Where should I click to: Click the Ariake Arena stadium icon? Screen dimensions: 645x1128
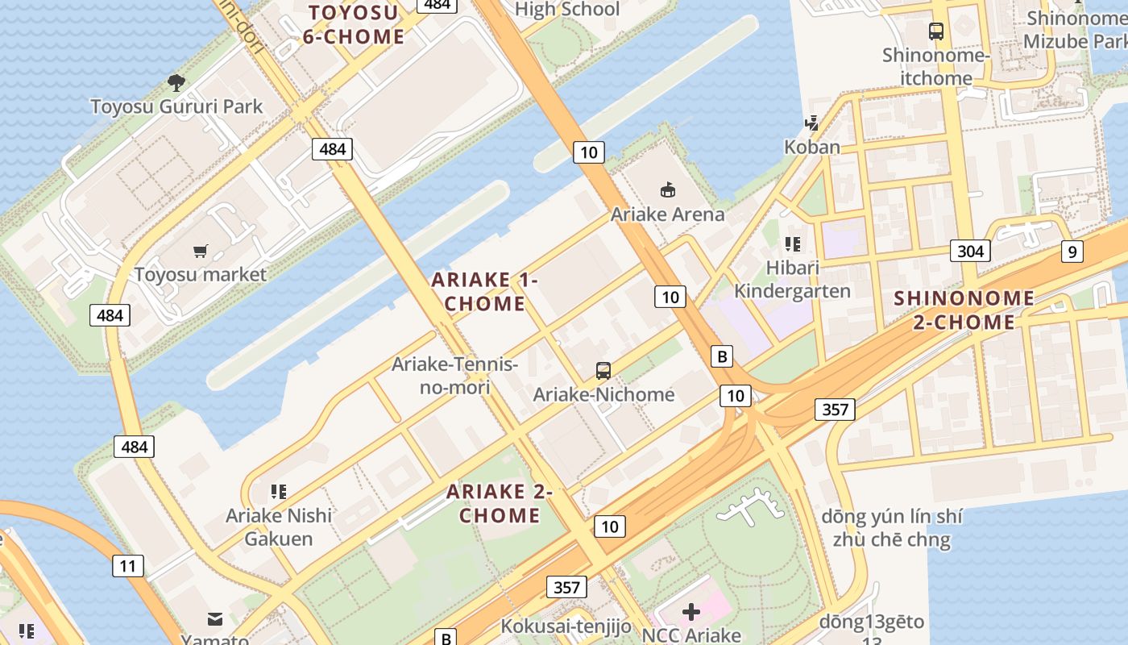coord(667,190)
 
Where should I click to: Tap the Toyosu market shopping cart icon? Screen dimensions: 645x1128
coord(201,252)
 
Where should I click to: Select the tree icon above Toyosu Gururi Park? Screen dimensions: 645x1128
coord(176,82)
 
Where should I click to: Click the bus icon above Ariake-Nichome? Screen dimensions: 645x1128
coord(603,371)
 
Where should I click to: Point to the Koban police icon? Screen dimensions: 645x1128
coord(811,123)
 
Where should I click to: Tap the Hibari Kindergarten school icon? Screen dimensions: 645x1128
coord(792,243)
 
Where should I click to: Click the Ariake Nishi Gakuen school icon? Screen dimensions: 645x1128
coord(279,491)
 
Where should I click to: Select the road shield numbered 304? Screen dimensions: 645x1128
coord(969,251)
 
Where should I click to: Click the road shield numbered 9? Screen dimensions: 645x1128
coord(1072,252)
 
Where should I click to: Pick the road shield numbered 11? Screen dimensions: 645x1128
coord(128,565)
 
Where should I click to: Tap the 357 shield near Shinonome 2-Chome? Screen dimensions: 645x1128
coord(834,409)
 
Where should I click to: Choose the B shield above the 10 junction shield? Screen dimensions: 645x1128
coord(722,356)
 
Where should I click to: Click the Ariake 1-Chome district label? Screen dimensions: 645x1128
coord(484,292)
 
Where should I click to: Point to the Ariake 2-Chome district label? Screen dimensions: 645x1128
coord(500,503)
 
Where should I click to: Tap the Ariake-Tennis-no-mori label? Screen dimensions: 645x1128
coord(454,376)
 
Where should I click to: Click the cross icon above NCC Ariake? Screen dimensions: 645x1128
coord(690,612)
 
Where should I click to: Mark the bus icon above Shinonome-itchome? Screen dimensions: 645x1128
coord(935,31)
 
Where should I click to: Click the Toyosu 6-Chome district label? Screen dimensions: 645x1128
coord(354,24)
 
